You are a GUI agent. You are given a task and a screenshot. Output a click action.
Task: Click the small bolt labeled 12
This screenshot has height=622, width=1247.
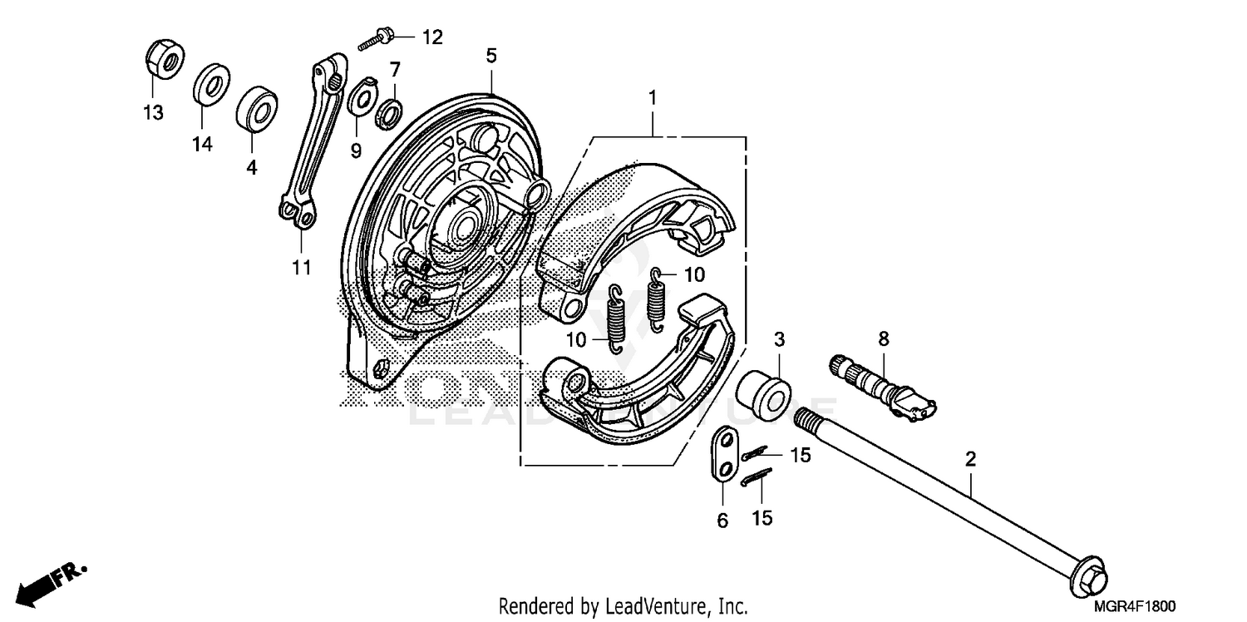(377, 39)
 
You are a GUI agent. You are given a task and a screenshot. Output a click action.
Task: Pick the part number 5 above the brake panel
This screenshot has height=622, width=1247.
(491, 57)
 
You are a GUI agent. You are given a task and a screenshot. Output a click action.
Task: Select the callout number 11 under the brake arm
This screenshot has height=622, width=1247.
(301, 267)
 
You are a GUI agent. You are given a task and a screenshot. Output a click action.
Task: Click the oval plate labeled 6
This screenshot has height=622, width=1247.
(722, 453)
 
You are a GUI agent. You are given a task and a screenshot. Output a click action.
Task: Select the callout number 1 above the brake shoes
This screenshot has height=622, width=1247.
(653, 98)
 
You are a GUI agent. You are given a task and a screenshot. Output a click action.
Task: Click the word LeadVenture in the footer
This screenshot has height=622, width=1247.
(631, 605)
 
